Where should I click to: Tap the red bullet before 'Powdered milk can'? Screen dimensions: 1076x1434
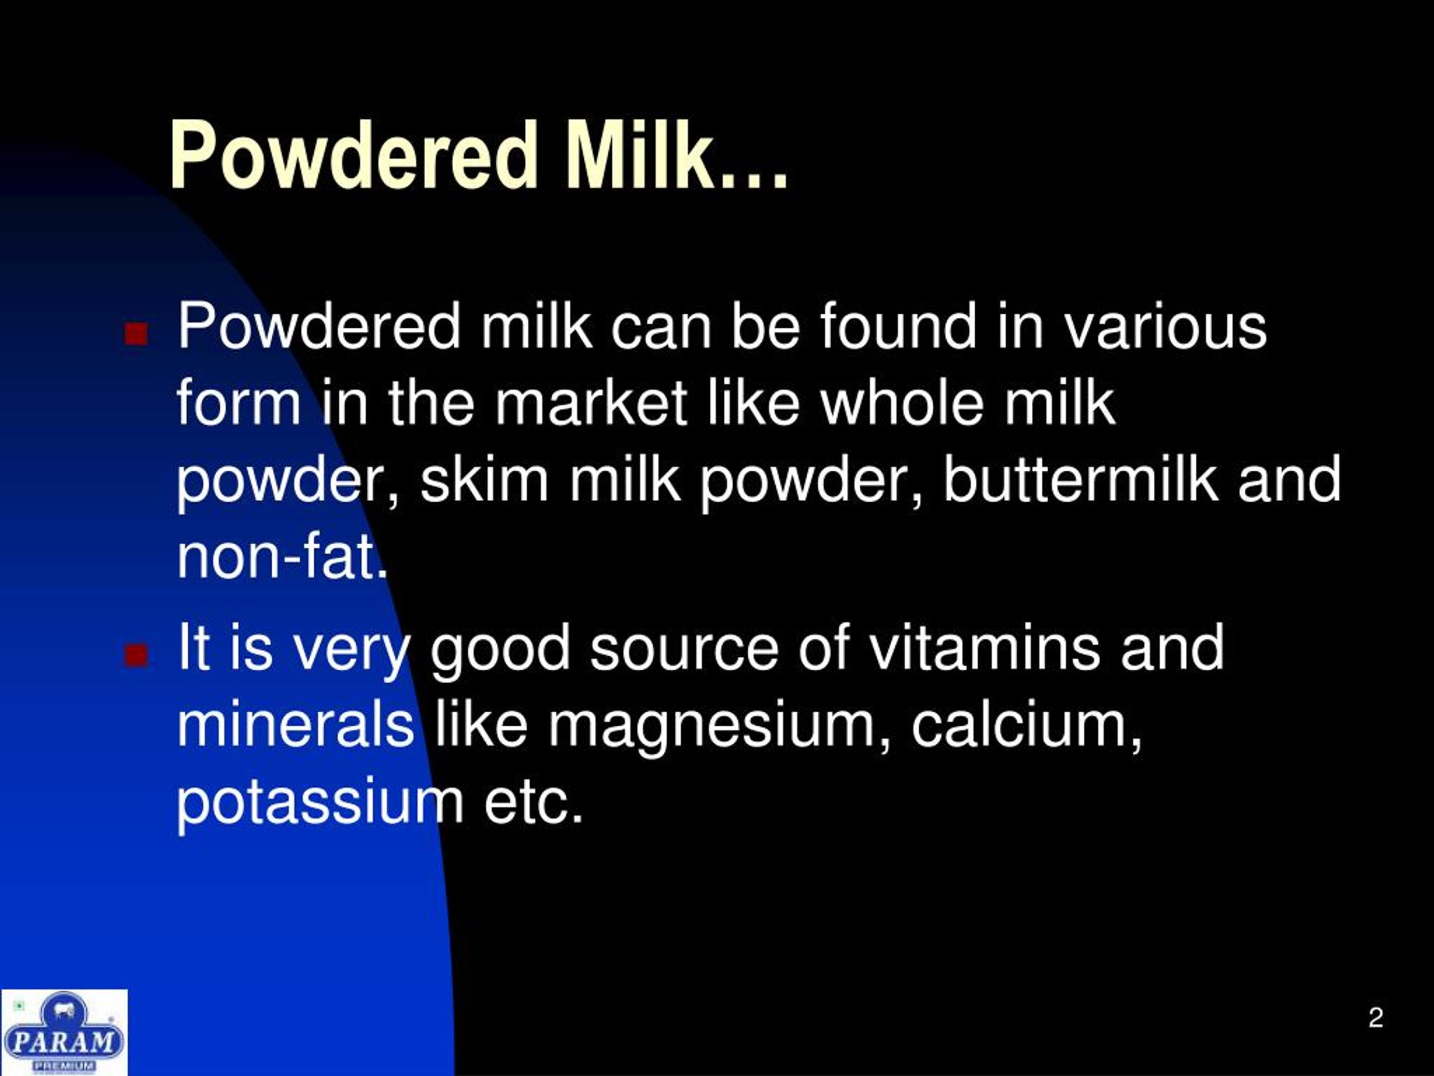[136, 333]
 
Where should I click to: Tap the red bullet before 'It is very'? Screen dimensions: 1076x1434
[136, 655]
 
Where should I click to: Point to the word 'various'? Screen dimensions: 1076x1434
[1165, 327]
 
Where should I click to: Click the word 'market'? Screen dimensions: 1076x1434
[590, 403]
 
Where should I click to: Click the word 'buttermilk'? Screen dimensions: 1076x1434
[1079, 480]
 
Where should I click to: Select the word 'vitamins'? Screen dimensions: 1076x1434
[984, 648]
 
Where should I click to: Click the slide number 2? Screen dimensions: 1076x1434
[1376, 1017]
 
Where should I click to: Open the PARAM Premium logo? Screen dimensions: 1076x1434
[63, 1032]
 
